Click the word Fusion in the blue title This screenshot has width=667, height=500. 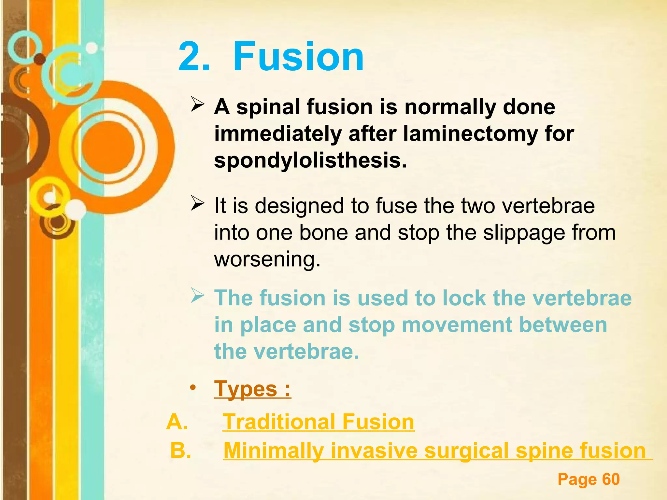(x=298, y=57)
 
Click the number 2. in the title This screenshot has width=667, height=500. (x=194, y=57)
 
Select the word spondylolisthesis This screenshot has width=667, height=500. (x=310, y=160)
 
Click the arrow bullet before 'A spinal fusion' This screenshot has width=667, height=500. (x=197, y=105)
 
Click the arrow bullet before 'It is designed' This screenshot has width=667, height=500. (x=197, y=204)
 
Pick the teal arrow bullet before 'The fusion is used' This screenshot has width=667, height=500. (x=197, y=296)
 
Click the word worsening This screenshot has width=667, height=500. (x=267, y=259)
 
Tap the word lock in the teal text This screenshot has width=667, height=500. (x=464, y=298)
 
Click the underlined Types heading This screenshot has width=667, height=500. (x=252, y=389)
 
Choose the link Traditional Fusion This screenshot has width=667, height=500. (x=318, y=422)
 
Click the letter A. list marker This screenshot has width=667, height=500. (x=177, y=422)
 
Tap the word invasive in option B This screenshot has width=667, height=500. (x=374, y=451)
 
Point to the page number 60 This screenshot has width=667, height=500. (x=611, y=479)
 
